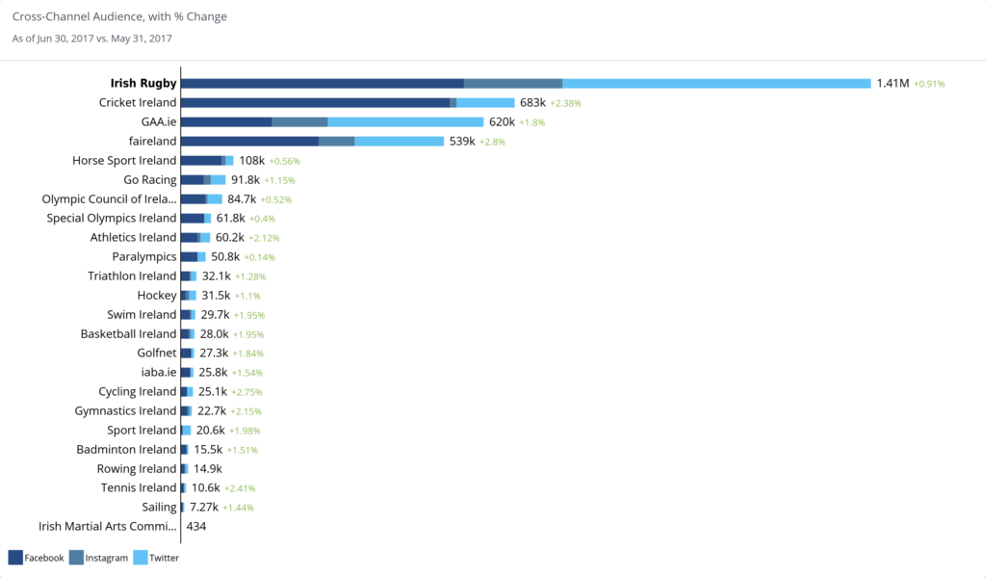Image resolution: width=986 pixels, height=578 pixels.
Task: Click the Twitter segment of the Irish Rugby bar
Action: pos(716,84)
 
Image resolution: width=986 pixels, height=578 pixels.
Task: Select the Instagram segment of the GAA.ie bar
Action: pos(299,122)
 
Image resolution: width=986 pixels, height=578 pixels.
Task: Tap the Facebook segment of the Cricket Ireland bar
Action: pos(315,103)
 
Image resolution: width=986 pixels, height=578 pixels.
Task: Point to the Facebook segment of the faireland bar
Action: pos(249,142)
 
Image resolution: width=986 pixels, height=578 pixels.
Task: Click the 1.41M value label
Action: pos(893,84)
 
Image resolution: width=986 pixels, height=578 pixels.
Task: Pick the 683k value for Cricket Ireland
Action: pos(532,103)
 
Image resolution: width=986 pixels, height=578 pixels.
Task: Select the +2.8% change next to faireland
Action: pos(492,142)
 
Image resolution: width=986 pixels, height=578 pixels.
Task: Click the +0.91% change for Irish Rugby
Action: pos(929,84)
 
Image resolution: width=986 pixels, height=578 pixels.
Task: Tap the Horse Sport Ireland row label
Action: pos(124,161)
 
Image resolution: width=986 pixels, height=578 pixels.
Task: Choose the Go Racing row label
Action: pos(150,180)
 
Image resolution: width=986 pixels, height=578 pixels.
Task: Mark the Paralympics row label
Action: pos(144,257)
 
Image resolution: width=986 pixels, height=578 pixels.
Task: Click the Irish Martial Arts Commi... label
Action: pos(108,527)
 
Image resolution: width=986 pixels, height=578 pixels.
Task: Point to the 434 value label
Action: pos(196,527)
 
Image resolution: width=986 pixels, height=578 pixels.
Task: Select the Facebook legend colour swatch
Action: pos(15,557)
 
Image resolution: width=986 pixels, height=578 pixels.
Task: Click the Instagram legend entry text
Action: pos(106,558)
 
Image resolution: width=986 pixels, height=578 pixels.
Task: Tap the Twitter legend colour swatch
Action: pos(140,557)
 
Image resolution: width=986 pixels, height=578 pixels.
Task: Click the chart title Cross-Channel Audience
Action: pos(119,17)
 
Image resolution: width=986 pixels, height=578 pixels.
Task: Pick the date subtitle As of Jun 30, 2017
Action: pos(91,39)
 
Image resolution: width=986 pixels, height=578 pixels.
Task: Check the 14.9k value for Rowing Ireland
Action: pos(208,469)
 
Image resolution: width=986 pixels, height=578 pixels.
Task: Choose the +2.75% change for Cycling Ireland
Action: pos(246,392)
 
